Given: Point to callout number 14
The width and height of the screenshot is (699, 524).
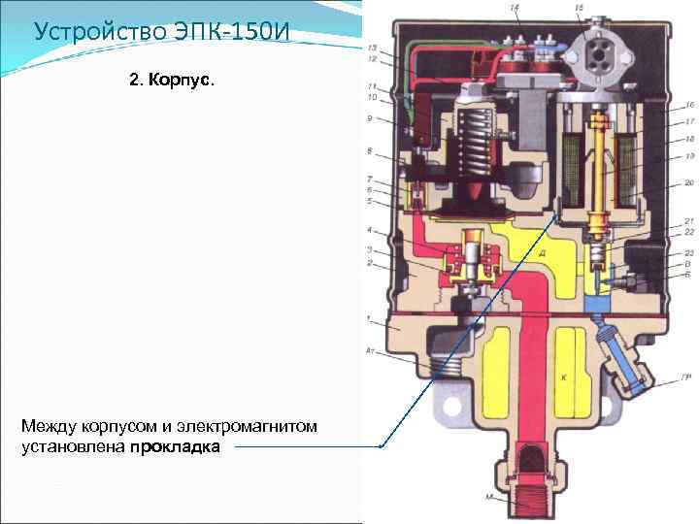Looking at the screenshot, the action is point(515,8).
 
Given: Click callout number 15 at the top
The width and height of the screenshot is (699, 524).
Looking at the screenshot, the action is point(580,8).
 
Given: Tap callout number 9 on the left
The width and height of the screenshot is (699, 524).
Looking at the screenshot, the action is point(370,119).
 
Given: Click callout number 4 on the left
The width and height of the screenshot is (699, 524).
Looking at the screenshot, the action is point(370,230).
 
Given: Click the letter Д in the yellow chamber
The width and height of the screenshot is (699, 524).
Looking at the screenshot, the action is point(542,251).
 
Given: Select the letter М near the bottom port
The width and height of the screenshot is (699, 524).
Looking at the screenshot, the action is point(490,498).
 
